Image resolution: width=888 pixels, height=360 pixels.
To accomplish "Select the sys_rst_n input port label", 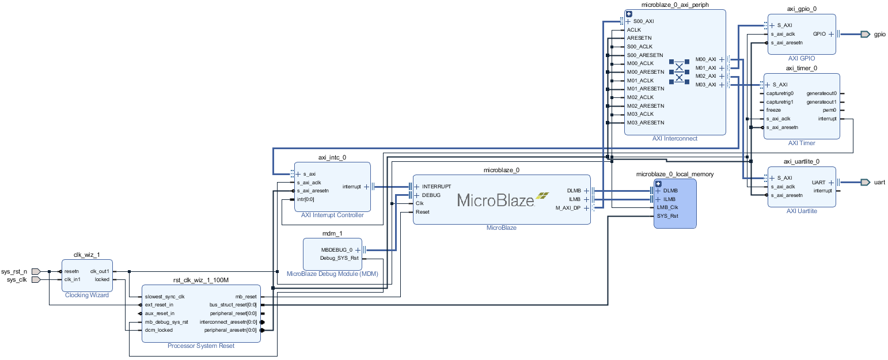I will [14, 271].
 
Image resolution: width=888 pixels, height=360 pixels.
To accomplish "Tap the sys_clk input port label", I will [17, 280].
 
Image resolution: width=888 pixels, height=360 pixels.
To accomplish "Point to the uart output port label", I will [879, 183].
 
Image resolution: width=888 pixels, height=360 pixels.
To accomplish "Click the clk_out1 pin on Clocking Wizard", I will [100, 271].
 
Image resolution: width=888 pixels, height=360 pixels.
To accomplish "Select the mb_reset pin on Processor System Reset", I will [246, 297].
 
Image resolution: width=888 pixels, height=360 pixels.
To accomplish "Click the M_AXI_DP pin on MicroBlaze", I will [568, 208].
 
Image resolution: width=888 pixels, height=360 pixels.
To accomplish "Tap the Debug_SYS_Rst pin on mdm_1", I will [339, 258].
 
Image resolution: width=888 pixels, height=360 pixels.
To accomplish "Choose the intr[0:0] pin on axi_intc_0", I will [305, 199].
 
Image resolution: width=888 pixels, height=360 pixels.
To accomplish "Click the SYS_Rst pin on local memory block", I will [667, 216].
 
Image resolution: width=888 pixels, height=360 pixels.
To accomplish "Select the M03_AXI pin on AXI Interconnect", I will [705, 85].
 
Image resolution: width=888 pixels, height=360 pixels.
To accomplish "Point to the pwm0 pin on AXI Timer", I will [829, 110].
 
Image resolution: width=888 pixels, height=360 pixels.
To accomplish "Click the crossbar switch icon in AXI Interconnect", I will [678, 72].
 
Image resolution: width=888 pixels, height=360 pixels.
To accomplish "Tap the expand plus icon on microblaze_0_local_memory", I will [659, 184].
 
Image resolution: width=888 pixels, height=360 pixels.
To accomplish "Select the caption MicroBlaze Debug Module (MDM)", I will [332, 274].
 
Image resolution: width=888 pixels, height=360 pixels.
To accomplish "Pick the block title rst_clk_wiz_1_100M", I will [201, 281].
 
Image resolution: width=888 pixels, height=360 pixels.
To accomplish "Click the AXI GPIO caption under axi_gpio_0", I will [802, 59].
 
